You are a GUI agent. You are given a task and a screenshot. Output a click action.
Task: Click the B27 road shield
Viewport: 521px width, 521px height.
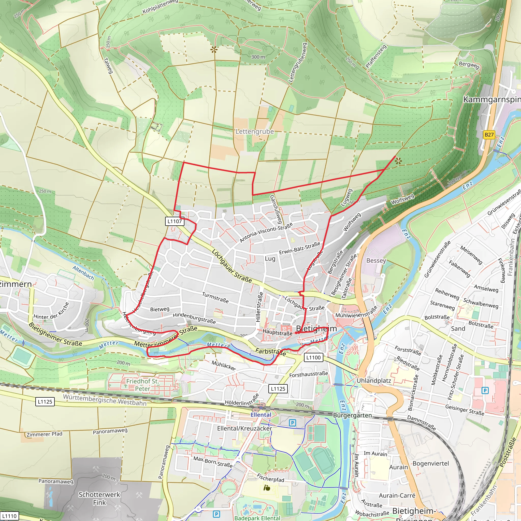pyautogui.click(x=489, y=135)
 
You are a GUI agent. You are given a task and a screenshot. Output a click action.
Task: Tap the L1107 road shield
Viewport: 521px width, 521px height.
pyautogui.click(x=175, y=221)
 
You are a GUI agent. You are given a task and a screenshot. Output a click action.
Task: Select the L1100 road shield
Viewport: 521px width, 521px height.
pyautogui.click(x=313, y=358)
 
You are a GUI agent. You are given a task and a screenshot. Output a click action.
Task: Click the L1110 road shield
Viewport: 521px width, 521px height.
pyautogui.click(x=9, y=516)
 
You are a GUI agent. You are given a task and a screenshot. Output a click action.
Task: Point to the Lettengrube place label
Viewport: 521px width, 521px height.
pyautogui.click(x=255, y=132)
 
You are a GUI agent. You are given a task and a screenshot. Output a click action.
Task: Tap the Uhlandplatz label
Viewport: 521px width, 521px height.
pyautogui.click(x=373, y=381)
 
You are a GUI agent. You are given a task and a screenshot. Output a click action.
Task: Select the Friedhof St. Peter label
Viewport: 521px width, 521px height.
pyautogui.click(x=142, y=385)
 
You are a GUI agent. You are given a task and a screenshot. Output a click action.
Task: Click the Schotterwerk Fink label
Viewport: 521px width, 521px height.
pyautogui.click(x=99, y=498)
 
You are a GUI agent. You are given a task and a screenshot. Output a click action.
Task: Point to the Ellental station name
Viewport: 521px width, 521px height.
pyautogui.click(x=261, y=415)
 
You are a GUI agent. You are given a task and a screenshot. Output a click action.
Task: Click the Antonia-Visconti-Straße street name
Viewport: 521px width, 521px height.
pyautogui.click(x=266, y=233)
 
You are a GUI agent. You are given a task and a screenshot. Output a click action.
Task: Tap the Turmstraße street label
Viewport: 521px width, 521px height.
pyautogui.click(x=215, y=297)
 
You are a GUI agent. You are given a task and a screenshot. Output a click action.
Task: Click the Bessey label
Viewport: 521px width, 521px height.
pyautogui.click(x=376, y=260)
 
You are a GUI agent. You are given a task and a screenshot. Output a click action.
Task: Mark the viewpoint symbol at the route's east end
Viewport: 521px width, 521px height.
pyautogui.click(x=398, y=162)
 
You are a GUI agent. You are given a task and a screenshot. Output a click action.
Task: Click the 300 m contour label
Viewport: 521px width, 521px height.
pyautogui.click(x=258, y=57)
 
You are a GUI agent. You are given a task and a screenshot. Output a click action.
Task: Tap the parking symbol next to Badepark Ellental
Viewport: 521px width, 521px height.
pyautogui.click(x=216, y=514)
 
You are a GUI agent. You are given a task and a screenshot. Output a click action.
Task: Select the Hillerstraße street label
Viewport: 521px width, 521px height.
pyautogui.click(x=259, y=307)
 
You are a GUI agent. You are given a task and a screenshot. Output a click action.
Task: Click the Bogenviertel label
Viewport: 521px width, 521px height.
pyautogui.click(x=431, y=463)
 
